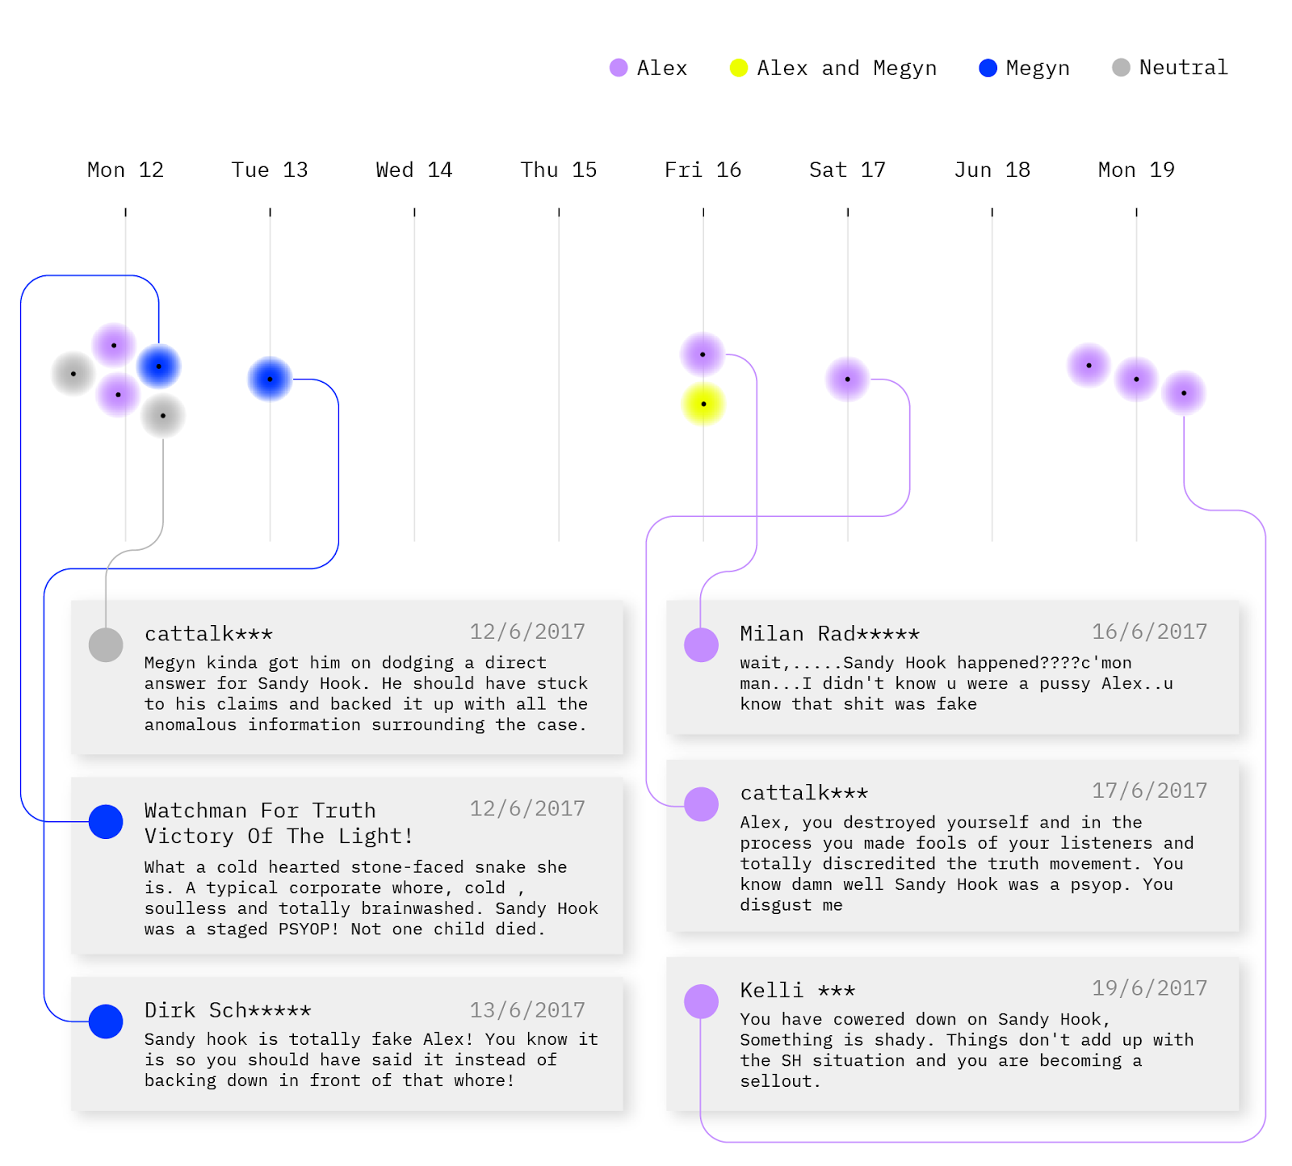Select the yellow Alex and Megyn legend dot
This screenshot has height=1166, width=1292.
coord(738,68)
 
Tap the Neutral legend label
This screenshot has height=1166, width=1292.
coord(1183,68)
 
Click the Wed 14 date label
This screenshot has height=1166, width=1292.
coord(414,170)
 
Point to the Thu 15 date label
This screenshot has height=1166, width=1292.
coord(559,170)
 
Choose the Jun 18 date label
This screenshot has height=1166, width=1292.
coord(992,170)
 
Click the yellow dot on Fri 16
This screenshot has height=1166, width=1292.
coord(703,404)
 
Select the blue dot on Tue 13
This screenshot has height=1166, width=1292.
coord(270,379)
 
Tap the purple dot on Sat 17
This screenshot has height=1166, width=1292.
coord(847,379)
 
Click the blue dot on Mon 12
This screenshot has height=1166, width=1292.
coord(158,367)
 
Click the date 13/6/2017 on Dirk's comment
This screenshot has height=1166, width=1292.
coord(527,1010)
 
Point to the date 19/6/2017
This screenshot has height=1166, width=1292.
coord(1149,988)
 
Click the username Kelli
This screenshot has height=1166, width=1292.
coord(772,991)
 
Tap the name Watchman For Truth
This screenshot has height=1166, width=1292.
coord(260,811)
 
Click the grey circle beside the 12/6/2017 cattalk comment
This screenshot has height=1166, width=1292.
coord(106,645)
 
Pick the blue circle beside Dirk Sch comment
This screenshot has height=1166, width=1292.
coord(106,1021)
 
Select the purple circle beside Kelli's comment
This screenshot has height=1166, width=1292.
coord(701,1001)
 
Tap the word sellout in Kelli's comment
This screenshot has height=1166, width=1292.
coord(776,1082)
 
